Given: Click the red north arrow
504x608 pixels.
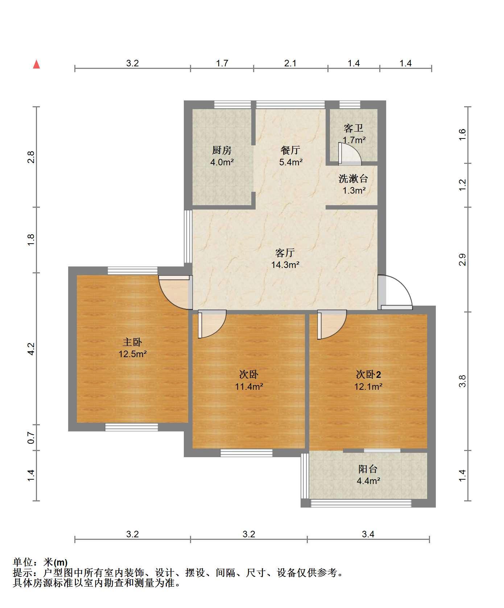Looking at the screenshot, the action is [x=36, y=64].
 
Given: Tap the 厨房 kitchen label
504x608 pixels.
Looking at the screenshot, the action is [x=222, y=150].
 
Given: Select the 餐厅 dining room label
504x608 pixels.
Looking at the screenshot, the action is [x=290, y=150].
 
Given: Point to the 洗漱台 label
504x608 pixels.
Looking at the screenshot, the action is [x=354, y=178].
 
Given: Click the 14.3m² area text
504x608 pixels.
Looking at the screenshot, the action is [x=285, y=265].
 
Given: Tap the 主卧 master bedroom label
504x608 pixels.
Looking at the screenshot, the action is [x=132, y=342].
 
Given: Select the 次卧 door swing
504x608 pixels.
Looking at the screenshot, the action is [x=212, y=324].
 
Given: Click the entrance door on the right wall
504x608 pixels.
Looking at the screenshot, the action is [x=395, y=293].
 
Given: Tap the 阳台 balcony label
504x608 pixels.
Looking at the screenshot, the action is [x=368, y=469].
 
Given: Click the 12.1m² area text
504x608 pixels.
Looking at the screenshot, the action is [x=368, y=386].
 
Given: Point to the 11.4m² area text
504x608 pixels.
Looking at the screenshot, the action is [x=249, y=386].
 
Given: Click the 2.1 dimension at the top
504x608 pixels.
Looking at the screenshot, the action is [x=290, y=63].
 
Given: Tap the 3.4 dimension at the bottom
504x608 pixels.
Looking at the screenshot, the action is [x=368, y=534].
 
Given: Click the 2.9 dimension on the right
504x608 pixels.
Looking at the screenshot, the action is [x=462, y=260].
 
